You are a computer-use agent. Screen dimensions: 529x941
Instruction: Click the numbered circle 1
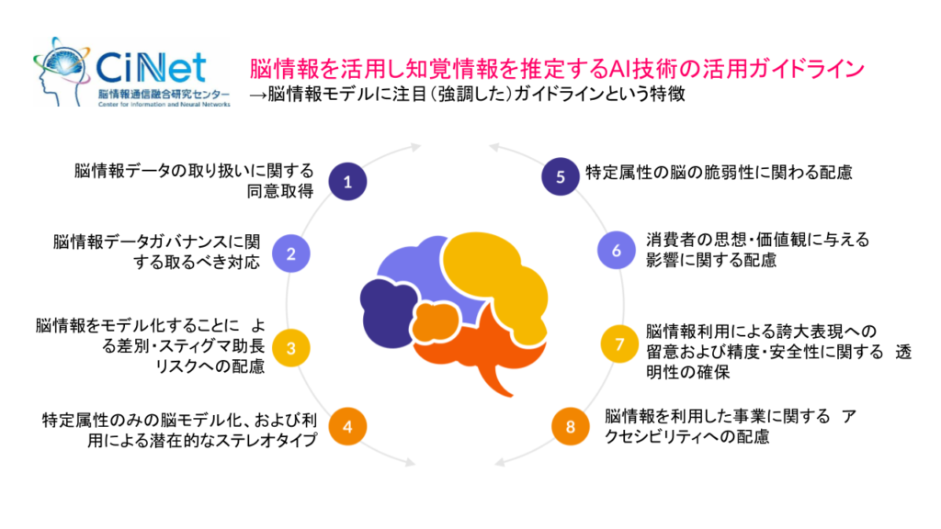pos(347,182)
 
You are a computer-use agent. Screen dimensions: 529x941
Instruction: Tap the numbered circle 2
pos(290,254)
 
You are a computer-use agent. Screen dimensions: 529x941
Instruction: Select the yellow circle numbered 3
pos(290,348)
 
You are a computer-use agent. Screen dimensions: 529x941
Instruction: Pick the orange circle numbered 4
pos(347,426)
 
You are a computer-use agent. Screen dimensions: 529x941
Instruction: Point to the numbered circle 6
pos(618,250)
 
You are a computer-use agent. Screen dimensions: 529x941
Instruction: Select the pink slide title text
pos(557,69)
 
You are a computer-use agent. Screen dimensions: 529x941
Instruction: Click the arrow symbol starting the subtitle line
pos(257,95)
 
